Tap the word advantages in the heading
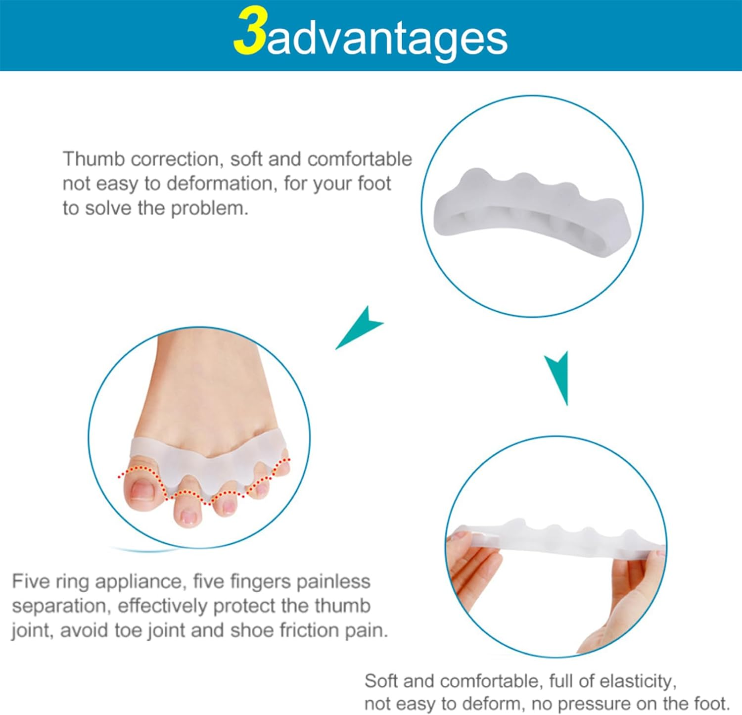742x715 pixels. coord(387,40)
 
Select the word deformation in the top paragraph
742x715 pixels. coord(220,184)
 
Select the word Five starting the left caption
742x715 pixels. coord(30,581)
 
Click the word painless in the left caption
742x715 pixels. coord(333,581)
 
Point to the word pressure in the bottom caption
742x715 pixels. coord(569,703)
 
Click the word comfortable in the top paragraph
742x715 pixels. coord(360,159)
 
